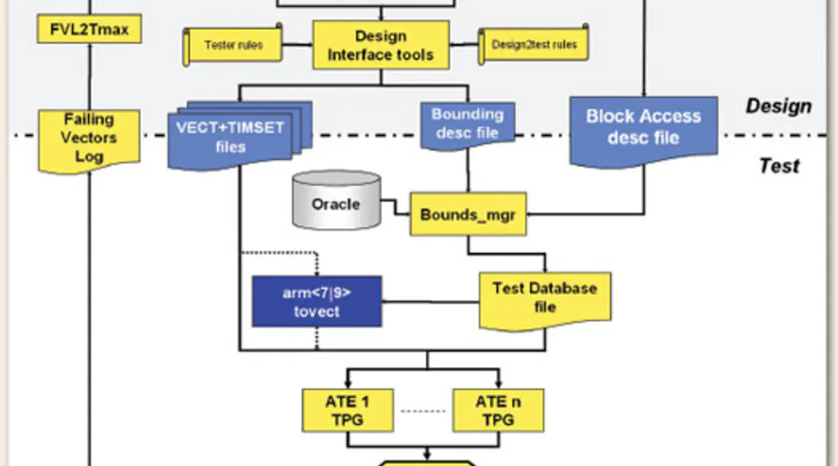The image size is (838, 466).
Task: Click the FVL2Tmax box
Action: click(87, 30)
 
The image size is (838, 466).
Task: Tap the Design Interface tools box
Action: click(380, 46)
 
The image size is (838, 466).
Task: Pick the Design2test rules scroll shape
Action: click(534, 44)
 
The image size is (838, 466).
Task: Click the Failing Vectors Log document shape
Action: click(88, 138)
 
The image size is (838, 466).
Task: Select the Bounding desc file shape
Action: click(467, 124)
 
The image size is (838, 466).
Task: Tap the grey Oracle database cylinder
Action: click(335, 203)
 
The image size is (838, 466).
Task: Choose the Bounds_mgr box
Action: click(467, 215)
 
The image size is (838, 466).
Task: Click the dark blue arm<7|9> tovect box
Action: click(317, 301)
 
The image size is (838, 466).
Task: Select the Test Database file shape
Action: click(545, 298)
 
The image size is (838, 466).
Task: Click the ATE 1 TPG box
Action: click(347, 410)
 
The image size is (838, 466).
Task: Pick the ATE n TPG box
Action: click(498, 410)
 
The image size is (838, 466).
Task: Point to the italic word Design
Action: click(779, 106)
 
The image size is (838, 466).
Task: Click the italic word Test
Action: click(779, 166)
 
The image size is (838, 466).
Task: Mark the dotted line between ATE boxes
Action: click(422, 410)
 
